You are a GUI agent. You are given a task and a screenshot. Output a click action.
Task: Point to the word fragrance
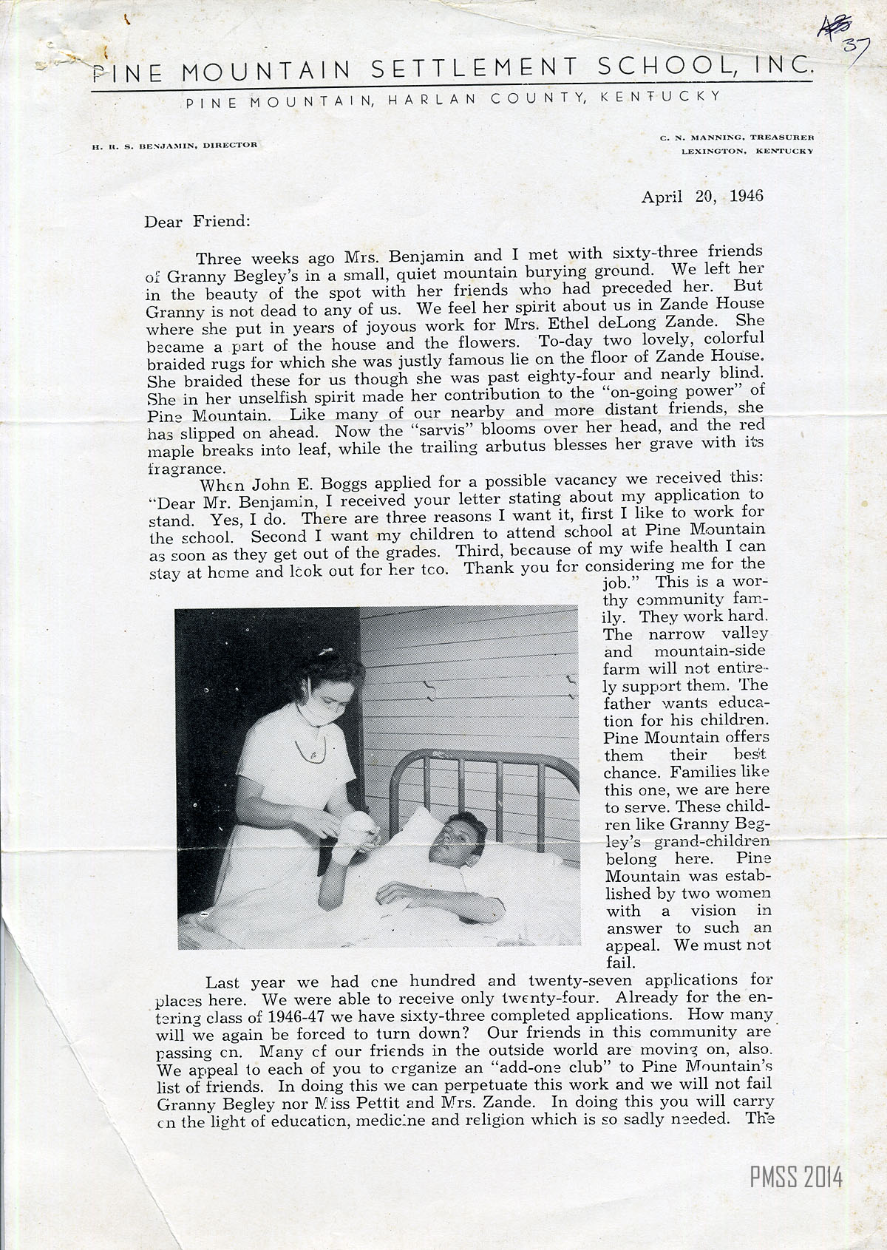[182, 469]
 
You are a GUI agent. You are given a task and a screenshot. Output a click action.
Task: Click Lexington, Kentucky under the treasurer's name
[747, 151]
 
